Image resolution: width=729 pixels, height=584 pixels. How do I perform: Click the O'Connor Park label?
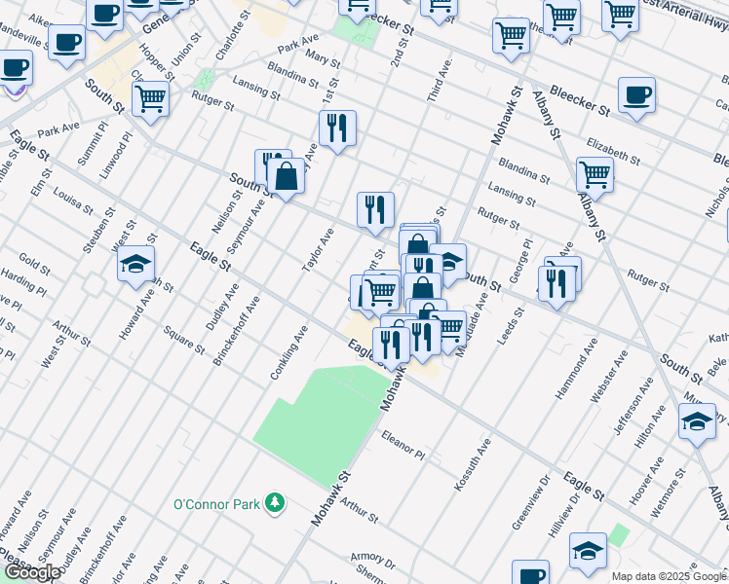(x=216, y=503)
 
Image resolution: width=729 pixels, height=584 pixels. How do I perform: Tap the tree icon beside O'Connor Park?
(x=277, y=502)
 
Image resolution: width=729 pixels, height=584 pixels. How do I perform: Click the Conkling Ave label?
(x=290, y=352)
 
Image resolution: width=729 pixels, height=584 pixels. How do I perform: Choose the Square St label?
(x=184, y=340)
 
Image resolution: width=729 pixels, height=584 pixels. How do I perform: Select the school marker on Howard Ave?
(x=136, y=263)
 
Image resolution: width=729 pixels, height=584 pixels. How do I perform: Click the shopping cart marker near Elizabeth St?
(x=594, y=174)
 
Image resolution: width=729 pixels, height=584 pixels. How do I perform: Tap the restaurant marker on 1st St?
(x=337, y=128)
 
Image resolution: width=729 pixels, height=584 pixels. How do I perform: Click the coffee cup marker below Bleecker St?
(x=636, y=95)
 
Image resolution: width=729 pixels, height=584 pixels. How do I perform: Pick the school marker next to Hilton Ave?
(x=697, y=422)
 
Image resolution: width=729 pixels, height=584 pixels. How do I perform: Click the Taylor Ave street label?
(x=318, y=249)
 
